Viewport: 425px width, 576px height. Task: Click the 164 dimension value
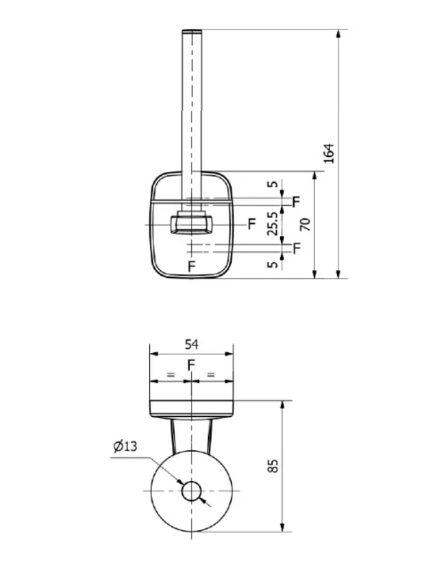coord(329,153)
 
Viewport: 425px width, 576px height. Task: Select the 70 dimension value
coord(305,225)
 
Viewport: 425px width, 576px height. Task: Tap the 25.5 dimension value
coord(272,224)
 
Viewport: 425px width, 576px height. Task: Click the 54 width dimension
coord(192,344)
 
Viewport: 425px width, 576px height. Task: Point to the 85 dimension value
coord(273,465)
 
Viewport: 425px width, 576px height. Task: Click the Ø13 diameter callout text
coord(125,446)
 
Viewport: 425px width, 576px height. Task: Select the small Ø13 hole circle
coord(192,491)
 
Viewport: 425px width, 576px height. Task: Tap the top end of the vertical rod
coord(192,31)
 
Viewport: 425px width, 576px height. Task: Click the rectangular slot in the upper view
coord(191,224)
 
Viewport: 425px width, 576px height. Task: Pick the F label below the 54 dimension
coord(191,365)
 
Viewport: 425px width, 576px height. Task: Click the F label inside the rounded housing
coord(192,266)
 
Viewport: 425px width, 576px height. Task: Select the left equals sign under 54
coord(171,374)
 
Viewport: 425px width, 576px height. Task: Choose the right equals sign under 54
coord(210,374)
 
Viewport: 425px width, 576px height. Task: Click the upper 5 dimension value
coord(272,184)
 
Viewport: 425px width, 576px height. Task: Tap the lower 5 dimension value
coord(272,264)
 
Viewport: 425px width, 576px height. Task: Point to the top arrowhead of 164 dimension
coord(339,34)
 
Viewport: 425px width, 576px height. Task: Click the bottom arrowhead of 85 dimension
coord(282,527)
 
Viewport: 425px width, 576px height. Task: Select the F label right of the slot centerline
coord(251,223)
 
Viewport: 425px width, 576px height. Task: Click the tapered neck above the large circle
coord(192,436)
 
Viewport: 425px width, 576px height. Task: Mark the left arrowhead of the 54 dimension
coord(154,354)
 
